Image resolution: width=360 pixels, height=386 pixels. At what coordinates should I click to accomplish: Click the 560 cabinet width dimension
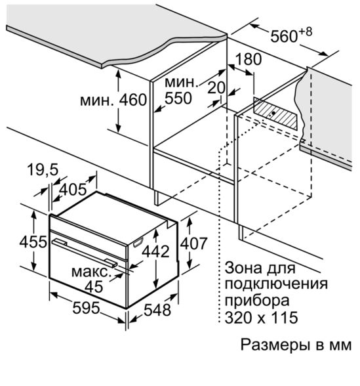(284, 37)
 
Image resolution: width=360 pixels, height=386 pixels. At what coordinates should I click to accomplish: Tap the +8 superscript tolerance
(305, 32)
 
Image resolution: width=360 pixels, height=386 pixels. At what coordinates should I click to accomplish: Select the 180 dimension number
(249, 59)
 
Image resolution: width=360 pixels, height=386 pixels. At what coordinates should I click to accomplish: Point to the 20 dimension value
(216, 87)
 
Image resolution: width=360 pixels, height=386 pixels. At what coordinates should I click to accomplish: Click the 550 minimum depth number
(178, 98)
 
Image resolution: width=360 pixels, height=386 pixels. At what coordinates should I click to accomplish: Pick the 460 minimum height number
(133, 100)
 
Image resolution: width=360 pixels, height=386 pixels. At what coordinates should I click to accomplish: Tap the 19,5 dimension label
(43, 169)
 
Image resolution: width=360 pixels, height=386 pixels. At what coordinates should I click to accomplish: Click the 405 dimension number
(73, 190)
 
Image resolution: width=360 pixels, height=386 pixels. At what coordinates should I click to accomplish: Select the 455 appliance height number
(33, 242)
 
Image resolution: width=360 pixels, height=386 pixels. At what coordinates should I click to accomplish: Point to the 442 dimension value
(156, 251)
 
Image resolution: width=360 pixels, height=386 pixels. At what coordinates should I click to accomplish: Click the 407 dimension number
(194, 244)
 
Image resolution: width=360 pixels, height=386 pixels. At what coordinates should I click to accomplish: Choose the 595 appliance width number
(86, 308)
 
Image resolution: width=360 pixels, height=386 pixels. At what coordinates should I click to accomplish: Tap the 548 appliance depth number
(157, 310)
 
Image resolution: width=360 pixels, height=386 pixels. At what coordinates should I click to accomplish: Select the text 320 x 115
(262, 317)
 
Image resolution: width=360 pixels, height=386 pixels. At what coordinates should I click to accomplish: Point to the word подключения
(276, 284)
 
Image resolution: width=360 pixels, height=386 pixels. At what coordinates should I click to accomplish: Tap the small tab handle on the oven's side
(138, 242)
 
